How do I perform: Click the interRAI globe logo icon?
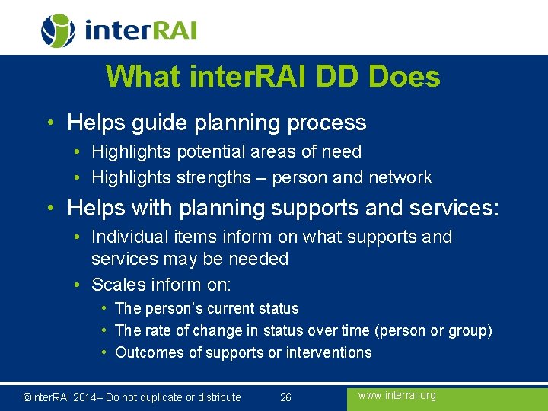coord(58,31)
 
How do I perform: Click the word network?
coord(400,178)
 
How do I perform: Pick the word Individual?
coord(126,237)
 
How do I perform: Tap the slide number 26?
coord(286,397)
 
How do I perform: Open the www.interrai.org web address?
coord(397,396)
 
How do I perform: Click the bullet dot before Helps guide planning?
coord(49,123)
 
